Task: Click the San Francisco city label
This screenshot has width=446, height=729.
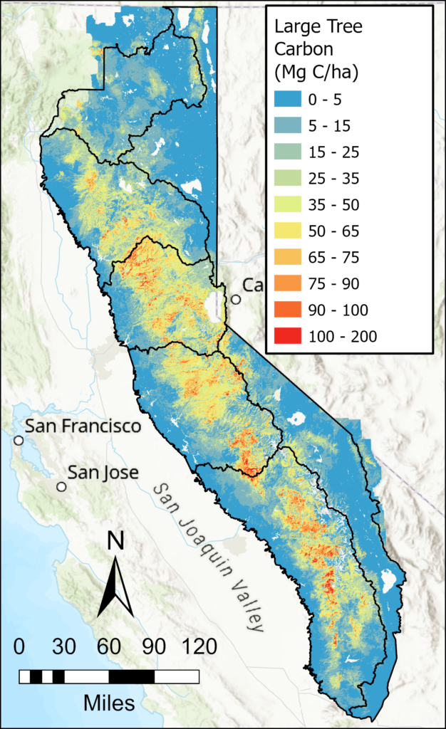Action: pyautogui.click(x=83, y=426)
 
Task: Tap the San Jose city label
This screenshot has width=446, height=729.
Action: pyautogui.click(x=103, y=472)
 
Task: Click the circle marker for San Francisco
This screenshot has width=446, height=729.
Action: pyautogui.click(x=18, y=441)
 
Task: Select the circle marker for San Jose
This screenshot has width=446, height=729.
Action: pyautogui.click(x=62, y=487)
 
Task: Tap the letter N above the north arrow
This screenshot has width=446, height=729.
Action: pyautogui.click(x=115, y=542)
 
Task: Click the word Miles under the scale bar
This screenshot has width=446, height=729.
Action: pyautogui.click(x=109, y=703)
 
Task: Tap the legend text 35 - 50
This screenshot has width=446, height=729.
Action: pyautogui.click(x=336, y=205)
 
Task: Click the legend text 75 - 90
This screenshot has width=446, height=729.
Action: pyautogui.click(x=336, y=284)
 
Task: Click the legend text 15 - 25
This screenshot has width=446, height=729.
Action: pyautogui.click(x=336, y=152)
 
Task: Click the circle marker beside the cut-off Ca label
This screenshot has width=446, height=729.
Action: pyautogui.click(x=235, y=300)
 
